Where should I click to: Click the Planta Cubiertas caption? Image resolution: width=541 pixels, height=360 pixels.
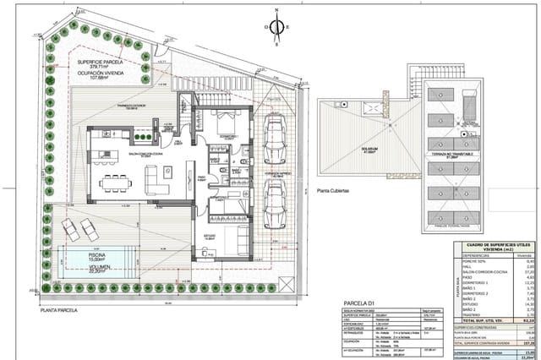[335, 191]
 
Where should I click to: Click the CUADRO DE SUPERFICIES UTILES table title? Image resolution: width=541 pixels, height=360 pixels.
[494, 246]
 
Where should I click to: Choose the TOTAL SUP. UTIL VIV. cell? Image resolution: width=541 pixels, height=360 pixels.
[482, 322]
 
